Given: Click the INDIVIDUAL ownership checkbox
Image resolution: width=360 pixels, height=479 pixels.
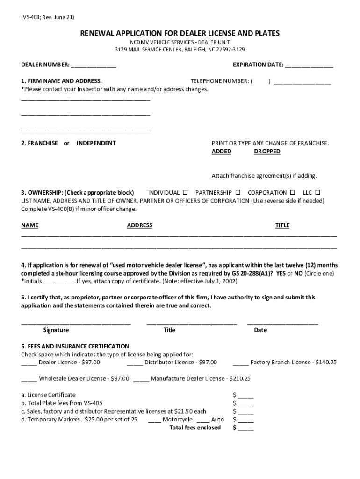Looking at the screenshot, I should click(x=185, y=192).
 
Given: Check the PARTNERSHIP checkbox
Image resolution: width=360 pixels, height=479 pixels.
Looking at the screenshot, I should click(x=238, y=192).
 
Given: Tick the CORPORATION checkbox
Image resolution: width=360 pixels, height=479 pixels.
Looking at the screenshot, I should click(x=293, y=192).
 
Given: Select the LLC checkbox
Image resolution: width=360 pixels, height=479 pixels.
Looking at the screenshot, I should click(x=318, y=192).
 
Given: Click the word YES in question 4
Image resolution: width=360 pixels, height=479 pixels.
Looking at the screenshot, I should click(x=281, y=273).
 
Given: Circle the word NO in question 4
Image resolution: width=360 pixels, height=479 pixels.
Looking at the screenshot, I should click(x=298, y=273).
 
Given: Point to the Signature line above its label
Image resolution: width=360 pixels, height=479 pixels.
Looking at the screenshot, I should click(x=76, y=323).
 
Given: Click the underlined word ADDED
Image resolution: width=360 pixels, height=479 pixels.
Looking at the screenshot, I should click(x=221, y=152).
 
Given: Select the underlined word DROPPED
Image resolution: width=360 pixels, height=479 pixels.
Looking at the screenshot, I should click(x=267, y=152).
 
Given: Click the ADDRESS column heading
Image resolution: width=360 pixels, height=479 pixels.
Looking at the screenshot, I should click(x=139, y=225).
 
